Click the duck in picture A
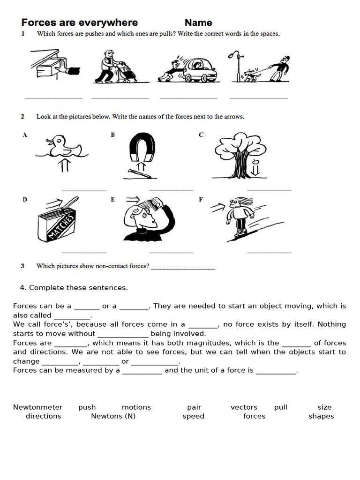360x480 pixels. [x=61, y=146]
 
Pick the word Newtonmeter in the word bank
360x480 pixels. [x=37, y=407]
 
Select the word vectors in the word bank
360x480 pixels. [x=244, y=407]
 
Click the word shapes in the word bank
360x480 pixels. [x=321, y=416]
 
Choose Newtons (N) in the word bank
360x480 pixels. [x=113, y=416]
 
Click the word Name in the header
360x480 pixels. [x=198, y=22]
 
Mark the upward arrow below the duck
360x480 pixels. [x=64, y=165]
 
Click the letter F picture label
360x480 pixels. [x=201, y=199]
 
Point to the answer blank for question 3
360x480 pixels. [x=183, y=268]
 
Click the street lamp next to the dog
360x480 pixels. [x=239, y=66]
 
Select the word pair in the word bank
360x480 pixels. [x=194, y=407]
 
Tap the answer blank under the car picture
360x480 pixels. [x=188, y=97]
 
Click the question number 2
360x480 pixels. [x=22, y=117]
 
